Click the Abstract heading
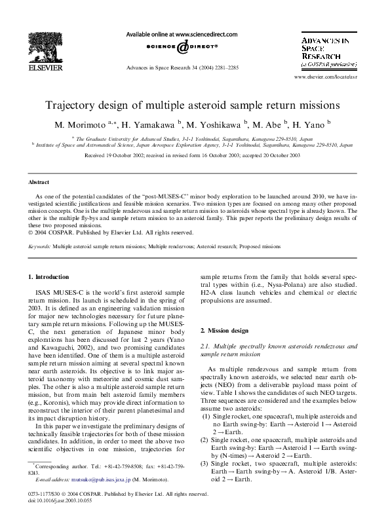click(39, 181)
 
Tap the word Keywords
click(39, 246)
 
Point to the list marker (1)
click(205, 415)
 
